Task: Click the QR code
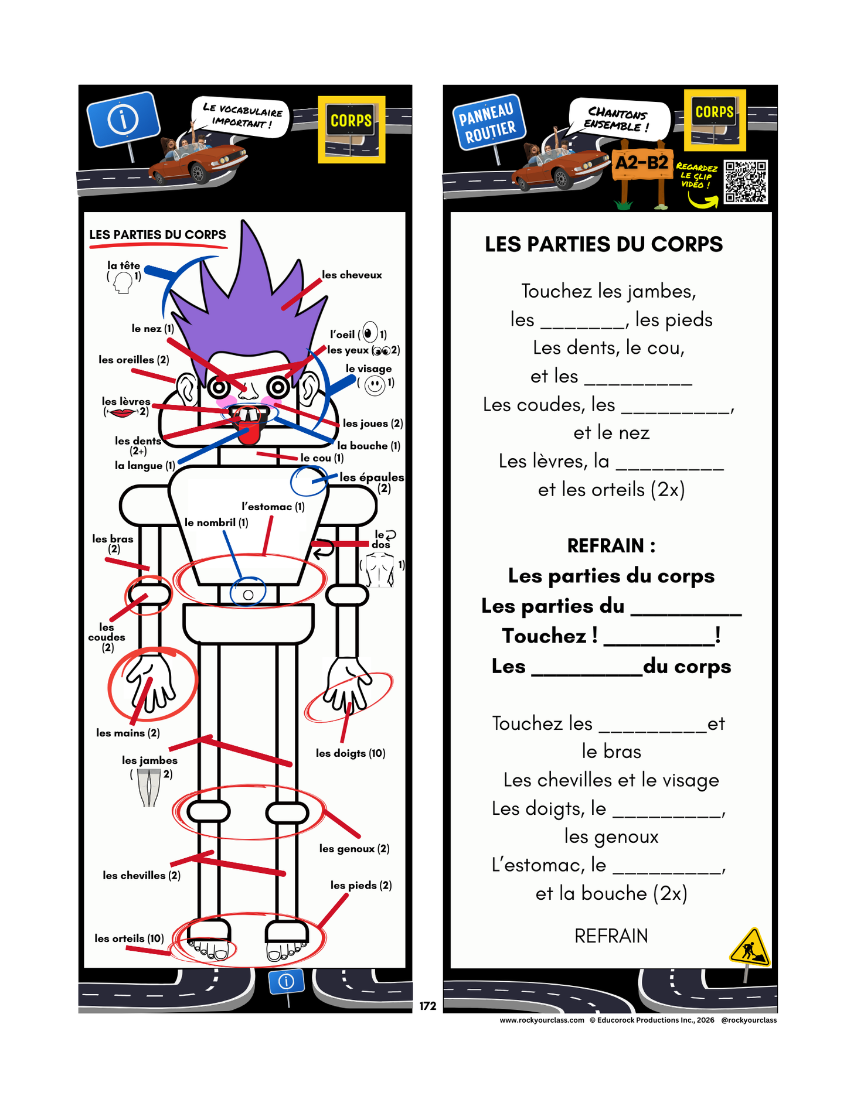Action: click(746, 182)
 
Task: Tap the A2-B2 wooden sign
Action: click(641, 162)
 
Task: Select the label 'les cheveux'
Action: click(352, 275)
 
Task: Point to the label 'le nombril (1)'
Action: click(216, 523)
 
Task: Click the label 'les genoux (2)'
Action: click(354, 848)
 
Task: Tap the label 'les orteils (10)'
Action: click(129, 938)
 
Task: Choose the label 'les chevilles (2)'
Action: click(141, 875)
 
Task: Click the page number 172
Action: click(428, 1006)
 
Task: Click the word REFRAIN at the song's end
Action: click(611, 936)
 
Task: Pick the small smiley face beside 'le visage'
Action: click(375, 385)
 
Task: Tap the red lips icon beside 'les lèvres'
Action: click(123, 412)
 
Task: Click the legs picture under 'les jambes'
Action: click(149, 788)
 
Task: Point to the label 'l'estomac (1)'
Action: click(273, 507)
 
